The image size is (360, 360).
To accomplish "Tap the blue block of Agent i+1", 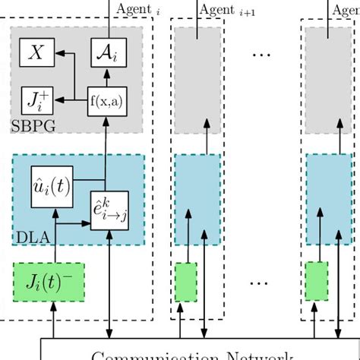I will (x=197, y=200).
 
